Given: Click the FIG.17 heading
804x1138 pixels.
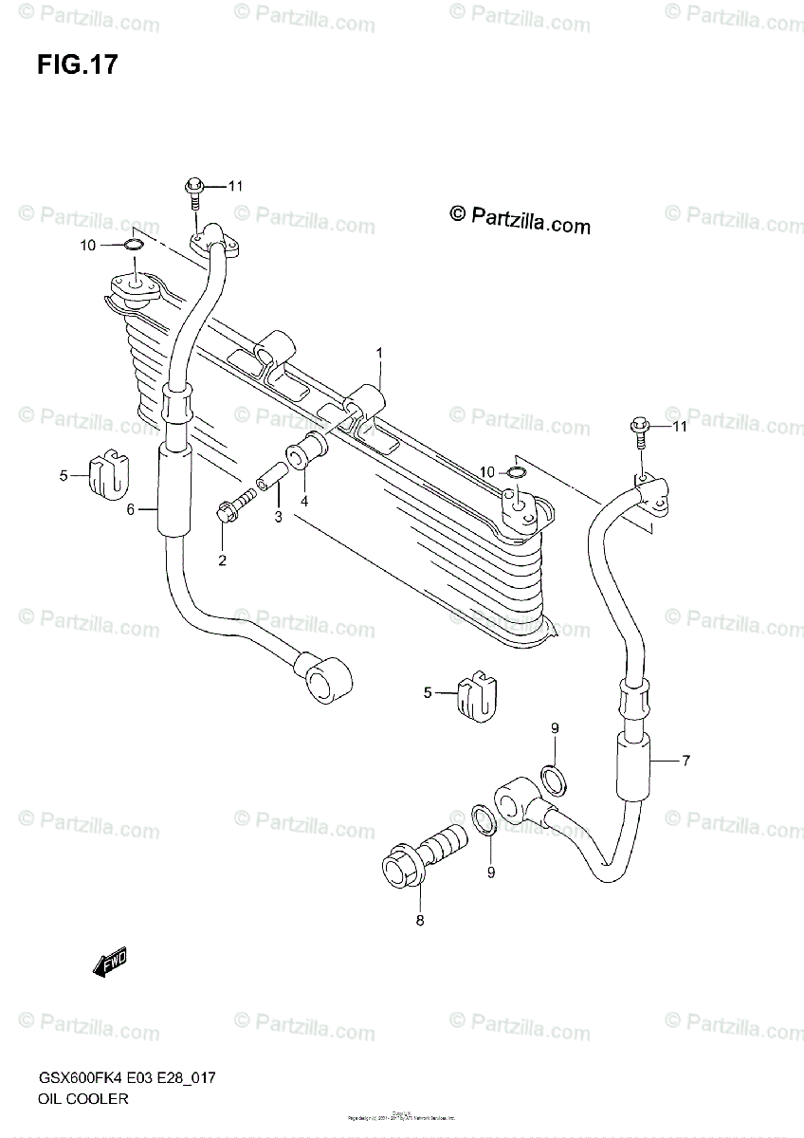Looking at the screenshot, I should (78, 65).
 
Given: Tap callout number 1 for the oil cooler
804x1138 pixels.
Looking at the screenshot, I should (378, 353).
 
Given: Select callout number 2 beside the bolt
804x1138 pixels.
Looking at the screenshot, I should (222, 560).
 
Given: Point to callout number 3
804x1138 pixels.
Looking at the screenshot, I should (279, 517).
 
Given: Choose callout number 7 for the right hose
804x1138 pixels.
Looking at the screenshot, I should (685, 761).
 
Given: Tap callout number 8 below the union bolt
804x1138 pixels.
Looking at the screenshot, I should (420, 919).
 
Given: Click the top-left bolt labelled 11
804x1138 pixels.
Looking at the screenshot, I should (194, 190).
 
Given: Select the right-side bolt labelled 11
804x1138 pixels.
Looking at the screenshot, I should (641, 431).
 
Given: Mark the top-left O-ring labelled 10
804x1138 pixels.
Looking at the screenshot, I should (134, 248).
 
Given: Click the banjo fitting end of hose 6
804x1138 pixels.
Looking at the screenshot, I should (326, 674).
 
